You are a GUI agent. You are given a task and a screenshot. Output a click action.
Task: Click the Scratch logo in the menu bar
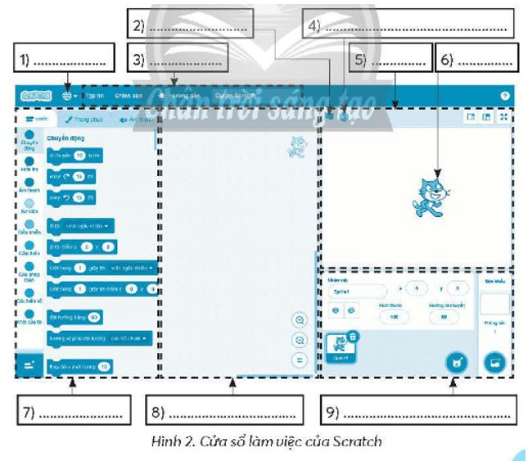[35, 95]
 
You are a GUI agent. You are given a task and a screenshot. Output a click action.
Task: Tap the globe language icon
[68, 95]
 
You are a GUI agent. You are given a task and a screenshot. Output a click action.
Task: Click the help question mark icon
[505, 96]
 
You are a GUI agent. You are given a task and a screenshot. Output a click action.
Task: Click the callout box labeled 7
[73, 409]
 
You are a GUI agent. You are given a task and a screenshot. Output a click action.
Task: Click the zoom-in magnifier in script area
[300, 320]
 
